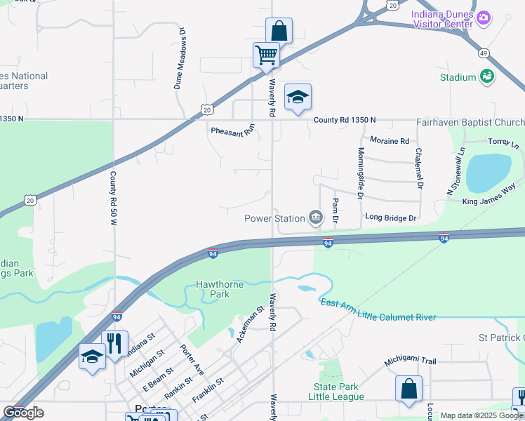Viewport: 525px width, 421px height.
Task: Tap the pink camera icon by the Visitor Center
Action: pos(483,17)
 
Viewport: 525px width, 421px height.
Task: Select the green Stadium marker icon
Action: pos(487,76)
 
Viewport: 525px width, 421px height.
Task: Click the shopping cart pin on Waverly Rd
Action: pos(266,54)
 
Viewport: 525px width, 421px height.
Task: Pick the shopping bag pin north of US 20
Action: pos(279,31)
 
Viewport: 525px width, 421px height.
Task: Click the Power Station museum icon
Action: pos(316,218)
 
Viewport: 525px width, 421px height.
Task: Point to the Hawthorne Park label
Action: pos(220,289)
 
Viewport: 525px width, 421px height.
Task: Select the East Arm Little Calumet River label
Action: pos(378,310)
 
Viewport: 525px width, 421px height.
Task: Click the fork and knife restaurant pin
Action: pos(114,343)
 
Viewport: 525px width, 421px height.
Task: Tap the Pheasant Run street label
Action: pos(233,131)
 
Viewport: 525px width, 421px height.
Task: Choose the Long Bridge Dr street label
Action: pos(391,218)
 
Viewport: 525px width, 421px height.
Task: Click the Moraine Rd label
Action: pos(389,141)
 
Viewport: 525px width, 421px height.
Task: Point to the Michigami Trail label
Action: pos(410,361)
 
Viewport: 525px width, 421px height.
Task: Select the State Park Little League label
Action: pos(336,392)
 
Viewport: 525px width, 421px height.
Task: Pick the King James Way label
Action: pos(489,201)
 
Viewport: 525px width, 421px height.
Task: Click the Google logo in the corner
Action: pos(23,413)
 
